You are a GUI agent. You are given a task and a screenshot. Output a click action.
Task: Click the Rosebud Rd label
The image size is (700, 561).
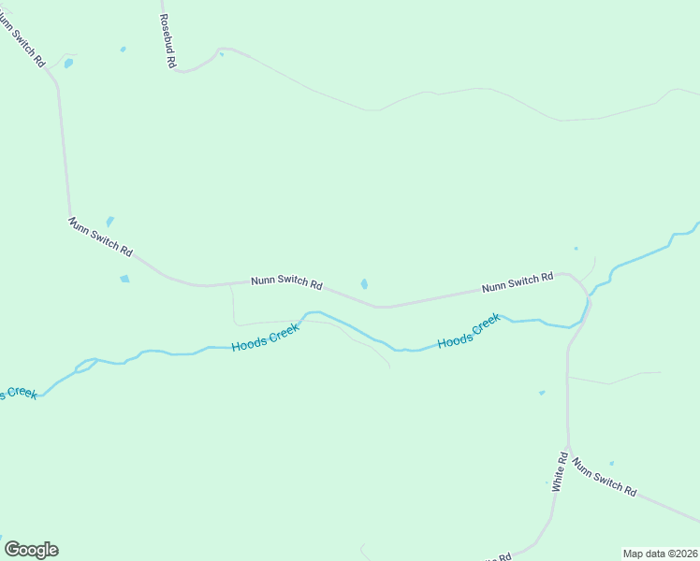click(x=168, y=41)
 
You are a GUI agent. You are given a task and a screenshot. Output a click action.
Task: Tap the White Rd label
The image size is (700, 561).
click(x=559, y=472)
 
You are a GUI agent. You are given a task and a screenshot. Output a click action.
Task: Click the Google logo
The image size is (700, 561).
click(x=31, y=550)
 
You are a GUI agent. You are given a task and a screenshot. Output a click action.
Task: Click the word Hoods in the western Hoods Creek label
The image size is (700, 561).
click(x=251, y=344)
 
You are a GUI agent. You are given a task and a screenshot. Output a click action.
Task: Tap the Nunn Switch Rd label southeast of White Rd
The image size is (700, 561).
click(x=605, y=476)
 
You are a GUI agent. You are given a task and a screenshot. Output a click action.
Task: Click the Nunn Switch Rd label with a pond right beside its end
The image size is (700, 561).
click(x=287, y=281)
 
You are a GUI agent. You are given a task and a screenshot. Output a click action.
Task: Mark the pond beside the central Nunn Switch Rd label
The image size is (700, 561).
click(x=364, y=284)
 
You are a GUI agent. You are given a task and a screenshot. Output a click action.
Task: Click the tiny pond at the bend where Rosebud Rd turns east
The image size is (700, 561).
click(x=222, y=54)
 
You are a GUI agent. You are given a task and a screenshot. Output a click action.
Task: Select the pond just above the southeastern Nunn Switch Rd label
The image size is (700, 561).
click(x=611, y=463)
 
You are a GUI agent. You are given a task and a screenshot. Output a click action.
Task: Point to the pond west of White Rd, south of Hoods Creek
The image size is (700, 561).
click(x=542, y=393)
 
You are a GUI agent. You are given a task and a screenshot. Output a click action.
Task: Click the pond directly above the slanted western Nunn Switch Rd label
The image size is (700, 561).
click(x=109, y=222)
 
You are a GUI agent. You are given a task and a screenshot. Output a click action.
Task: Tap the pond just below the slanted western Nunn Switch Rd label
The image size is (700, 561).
click(x=124, y=279)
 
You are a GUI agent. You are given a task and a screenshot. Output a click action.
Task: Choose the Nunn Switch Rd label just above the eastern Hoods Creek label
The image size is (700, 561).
click(x=518, y=282)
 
